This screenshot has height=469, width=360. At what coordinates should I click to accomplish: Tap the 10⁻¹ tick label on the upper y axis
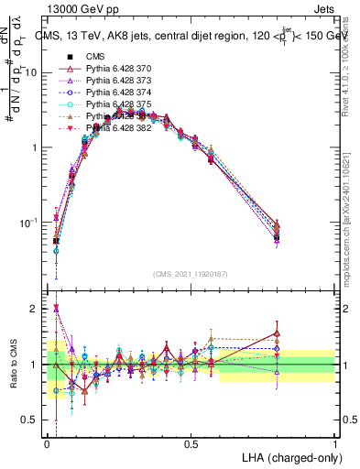(x=32, y=223)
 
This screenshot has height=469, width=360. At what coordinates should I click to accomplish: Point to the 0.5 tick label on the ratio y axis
(x=32, y=420)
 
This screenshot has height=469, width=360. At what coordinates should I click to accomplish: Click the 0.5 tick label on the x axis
(x=191, y=444)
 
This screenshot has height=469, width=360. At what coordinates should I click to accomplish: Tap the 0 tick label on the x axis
(x=47, y=444)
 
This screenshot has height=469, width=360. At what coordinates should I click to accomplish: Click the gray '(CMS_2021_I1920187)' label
(x=191, y=273)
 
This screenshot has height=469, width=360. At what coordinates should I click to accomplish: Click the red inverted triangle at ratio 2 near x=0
(x=57, y=309)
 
